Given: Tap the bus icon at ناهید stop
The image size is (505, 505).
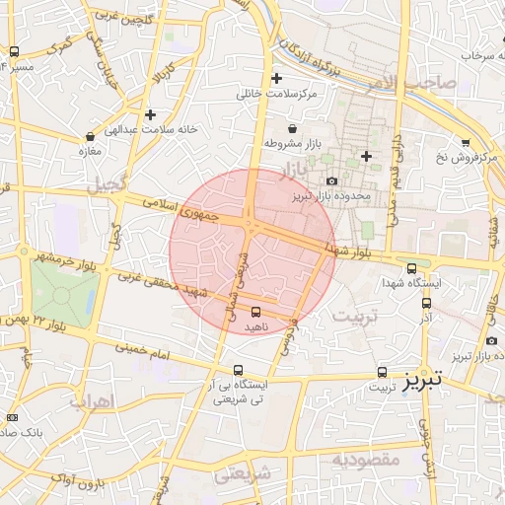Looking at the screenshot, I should (x=257, y=312).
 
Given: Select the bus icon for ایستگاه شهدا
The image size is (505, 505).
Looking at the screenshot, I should (x=411, y=267).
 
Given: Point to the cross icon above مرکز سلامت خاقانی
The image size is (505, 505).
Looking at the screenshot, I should (x=276, y=78).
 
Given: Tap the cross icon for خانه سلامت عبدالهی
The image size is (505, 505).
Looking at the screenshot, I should (x=150, y=114).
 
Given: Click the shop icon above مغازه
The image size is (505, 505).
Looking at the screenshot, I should (x=91, y=137).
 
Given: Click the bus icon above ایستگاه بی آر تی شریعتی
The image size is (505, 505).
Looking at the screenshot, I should (x=238, y=371).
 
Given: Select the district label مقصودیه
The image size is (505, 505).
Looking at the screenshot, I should (x=365, y=459).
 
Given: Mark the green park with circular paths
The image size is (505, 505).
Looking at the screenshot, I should (x=65, y=295).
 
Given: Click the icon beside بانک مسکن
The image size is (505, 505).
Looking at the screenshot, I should (x=12, y=418).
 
